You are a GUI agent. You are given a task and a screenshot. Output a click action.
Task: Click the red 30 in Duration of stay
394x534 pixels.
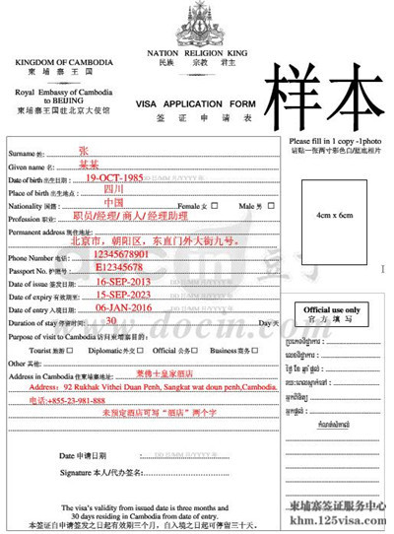[x=111, y=320]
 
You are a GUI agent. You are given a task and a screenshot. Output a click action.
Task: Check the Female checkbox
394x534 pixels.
[x=206, y=207]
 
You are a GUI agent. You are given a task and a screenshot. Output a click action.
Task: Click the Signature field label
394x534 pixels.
[x=79, y=473]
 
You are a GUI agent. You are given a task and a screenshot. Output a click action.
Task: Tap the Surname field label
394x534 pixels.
[x=24, y=155]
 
